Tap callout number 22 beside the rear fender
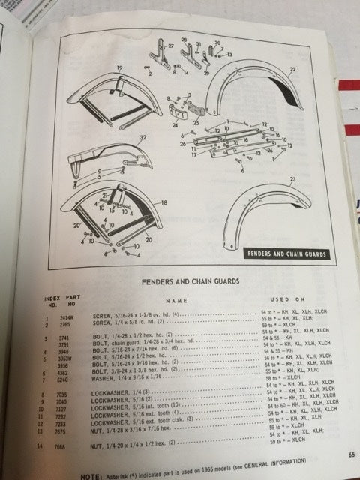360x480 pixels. (x=292, y=69)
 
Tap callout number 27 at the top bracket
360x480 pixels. (x=169, y=46)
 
